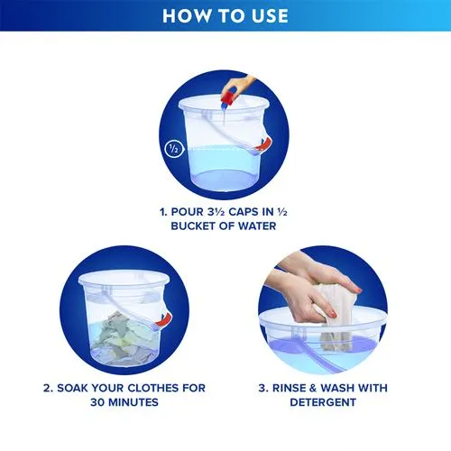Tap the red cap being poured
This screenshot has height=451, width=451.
point(228,97)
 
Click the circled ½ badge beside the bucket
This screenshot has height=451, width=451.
point(174,149)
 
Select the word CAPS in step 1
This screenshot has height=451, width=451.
point(244,212)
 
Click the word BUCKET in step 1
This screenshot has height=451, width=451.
point(194,226)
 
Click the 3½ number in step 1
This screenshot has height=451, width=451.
point(216,212)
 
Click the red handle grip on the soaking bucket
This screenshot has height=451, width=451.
point(163,319)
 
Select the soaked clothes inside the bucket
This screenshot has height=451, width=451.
point(124,338)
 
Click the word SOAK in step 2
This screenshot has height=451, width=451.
point(72,388)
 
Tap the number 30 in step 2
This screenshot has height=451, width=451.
point(97,402)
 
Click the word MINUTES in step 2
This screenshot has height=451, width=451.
point(133,402)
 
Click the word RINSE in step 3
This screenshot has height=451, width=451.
point(289,388)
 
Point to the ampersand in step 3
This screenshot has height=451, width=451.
point(313,388)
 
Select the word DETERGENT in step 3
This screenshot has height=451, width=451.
point(323,402)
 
